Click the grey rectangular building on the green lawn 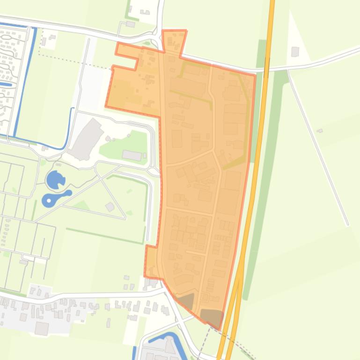pos(132,155)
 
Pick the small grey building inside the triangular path pos(110,207)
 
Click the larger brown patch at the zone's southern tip pos(212,317)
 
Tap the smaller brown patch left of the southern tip pos(186,301)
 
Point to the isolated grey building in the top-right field pos(295,51)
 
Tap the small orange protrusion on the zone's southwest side pos(151,262)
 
